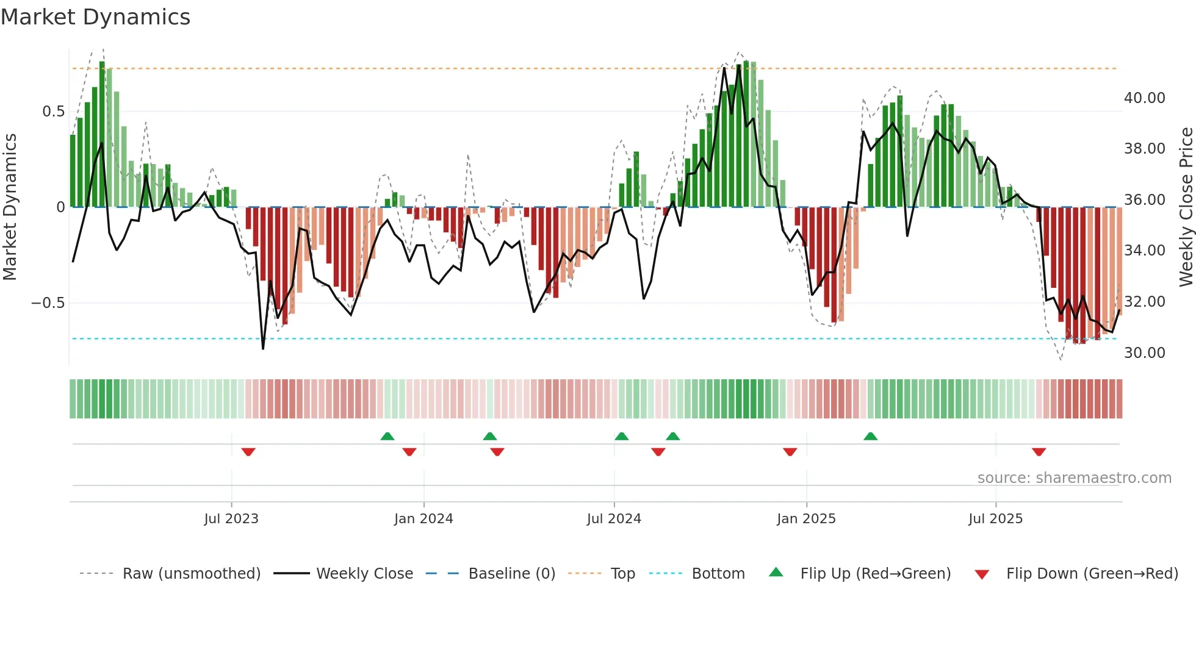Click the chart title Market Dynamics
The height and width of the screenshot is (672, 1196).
(x=96, y=17)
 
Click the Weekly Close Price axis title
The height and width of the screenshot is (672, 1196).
(x=1186, y=207)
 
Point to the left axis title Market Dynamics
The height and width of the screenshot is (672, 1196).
(x=10, y=207)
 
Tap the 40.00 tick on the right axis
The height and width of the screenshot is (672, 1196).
(x=1144, y=98)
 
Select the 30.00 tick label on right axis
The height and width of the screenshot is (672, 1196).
(x=1144, y=353)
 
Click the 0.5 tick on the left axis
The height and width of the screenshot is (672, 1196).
(x=53, y=112)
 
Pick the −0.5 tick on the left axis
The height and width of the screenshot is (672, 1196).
(x=48, y=303)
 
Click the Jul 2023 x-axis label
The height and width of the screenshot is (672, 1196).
(x=231, y=519)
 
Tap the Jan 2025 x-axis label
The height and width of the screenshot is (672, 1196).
(x=806, y=519)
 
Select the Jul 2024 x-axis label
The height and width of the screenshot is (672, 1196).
(x=614, y=519)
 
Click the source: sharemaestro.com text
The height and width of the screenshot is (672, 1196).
(x=1074, y=478)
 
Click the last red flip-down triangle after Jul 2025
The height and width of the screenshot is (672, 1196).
(x=1039, y=452)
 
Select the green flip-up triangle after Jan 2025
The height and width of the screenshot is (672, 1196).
(x=870, y=436)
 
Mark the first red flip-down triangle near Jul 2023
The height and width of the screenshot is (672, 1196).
(x=248, y=452)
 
